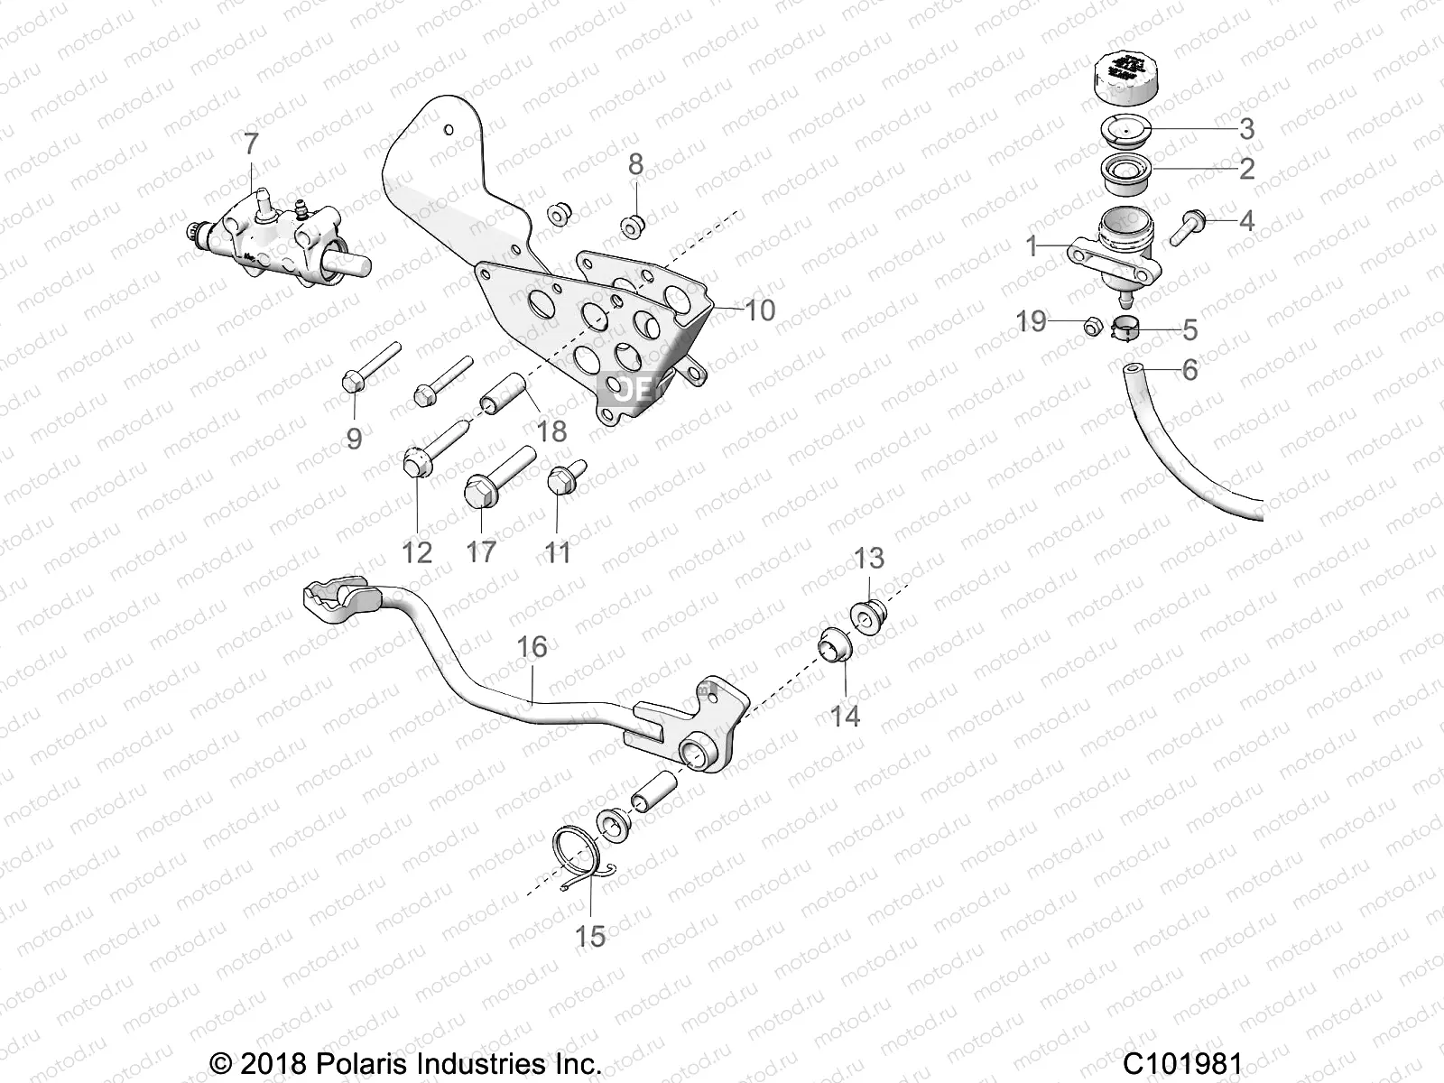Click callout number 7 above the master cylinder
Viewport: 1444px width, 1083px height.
point(251,143)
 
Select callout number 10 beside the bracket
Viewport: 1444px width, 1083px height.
point(760,310)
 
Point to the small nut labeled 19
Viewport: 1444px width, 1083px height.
point(1090,327)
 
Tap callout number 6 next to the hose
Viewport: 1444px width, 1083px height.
point(1189,370)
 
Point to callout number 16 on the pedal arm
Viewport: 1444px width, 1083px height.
point(532,647)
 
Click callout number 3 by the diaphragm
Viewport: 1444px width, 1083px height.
point(1246,128)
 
